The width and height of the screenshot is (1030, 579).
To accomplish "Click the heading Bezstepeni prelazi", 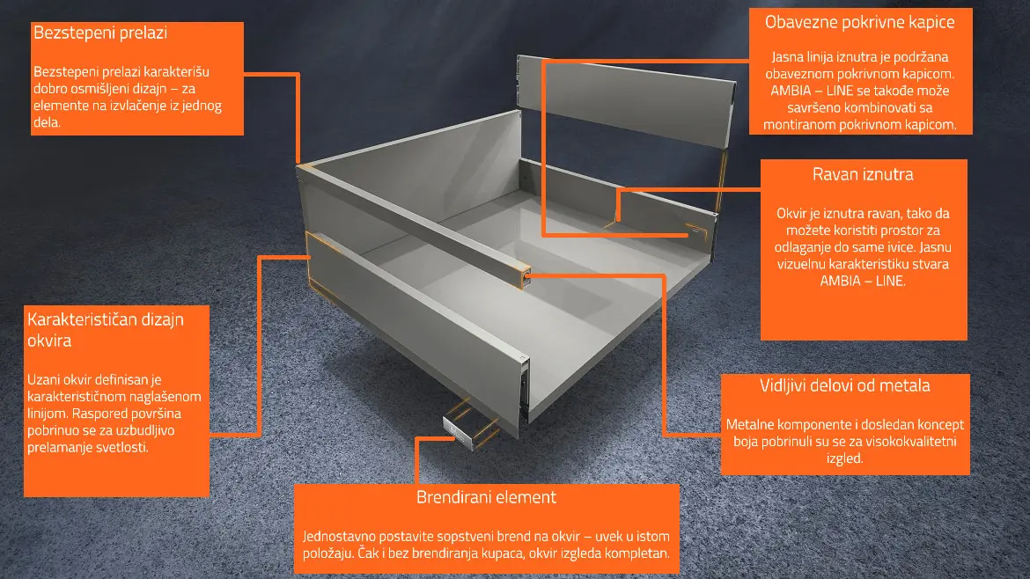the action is pos(100,33).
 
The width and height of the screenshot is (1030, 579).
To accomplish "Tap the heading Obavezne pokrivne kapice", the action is pos(860,22).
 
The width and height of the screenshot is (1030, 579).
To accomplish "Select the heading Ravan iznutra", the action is pos(863,174).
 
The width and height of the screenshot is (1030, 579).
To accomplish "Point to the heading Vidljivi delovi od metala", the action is pos(845,385).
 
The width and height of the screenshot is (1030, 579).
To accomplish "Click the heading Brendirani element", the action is pos(486,497).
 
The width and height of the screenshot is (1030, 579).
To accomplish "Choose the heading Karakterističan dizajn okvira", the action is pos(105,330).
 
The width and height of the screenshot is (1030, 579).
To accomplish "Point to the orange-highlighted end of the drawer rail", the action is pos(523,276).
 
